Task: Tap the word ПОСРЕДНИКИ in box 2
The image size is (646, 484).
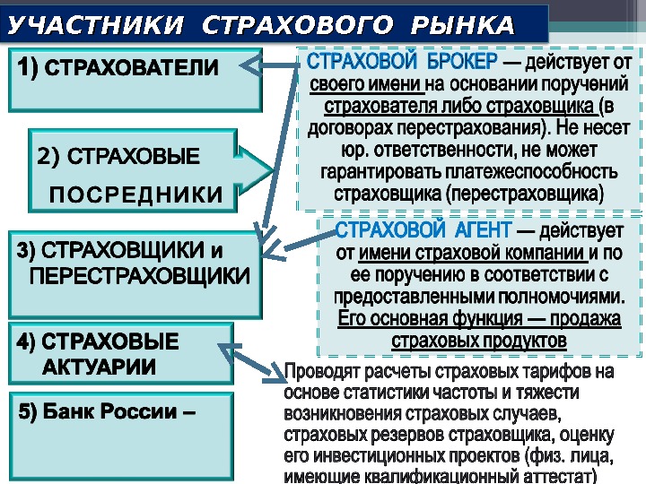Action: tap(135, 195)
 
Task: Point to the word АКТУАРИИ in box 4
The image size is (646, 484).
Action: tap(99, 366)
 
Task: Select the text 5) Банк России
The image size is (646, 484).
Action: tap(107, 413)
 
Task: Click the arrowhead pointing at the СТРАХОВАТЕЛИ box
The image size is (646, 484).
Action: tap(254, 65)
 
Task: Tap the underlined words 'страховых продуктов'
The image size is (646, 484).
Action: tap(479, 341)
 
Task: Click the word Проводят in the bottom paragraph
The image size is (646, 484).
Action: tap(319, 371)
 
